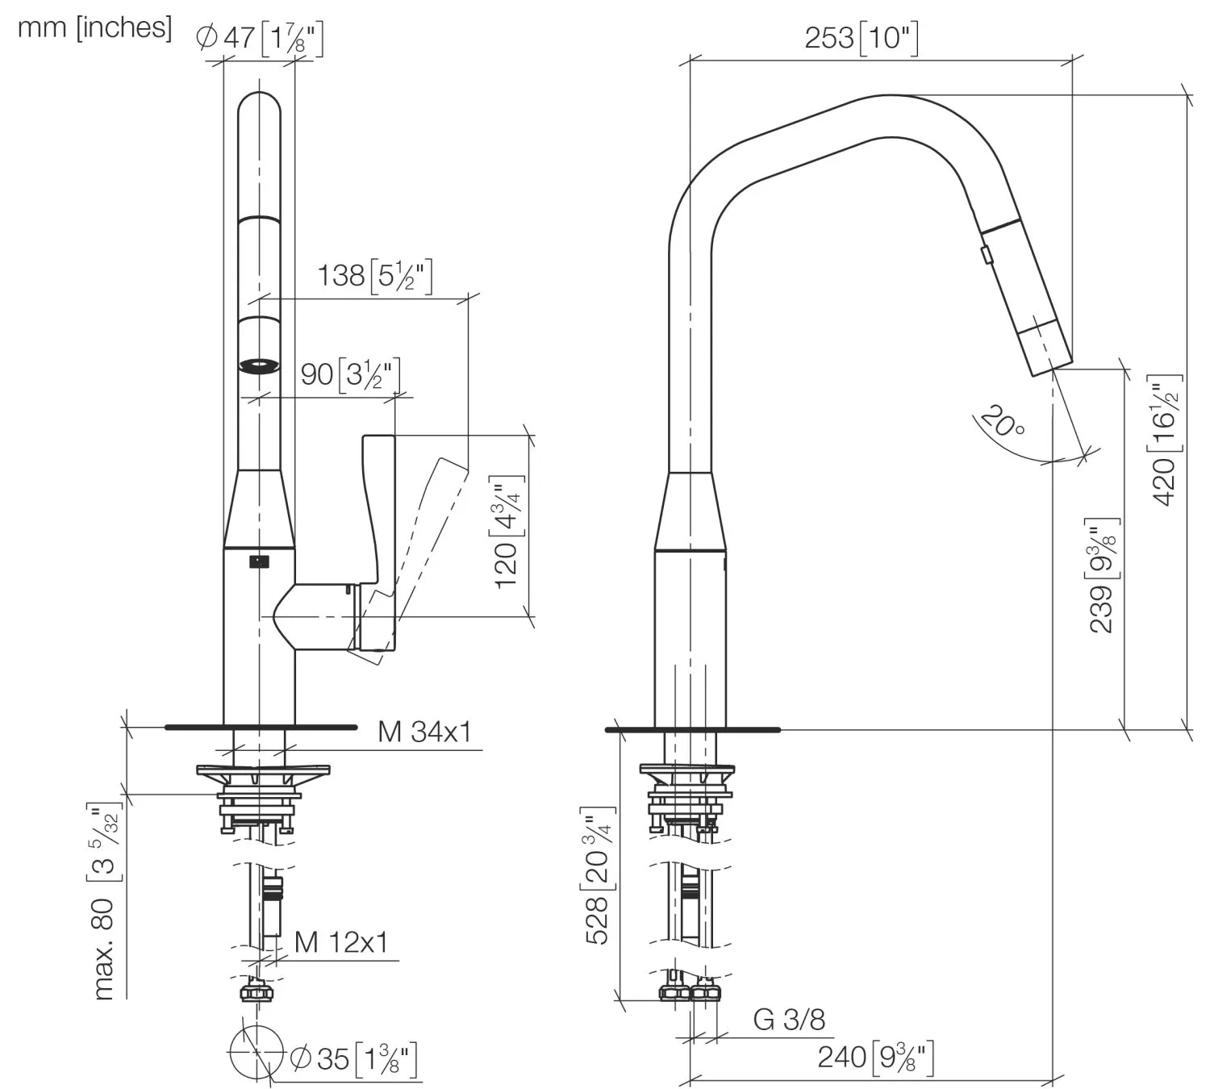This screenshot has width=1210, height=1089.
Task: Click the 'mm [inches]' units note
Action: [94, 27]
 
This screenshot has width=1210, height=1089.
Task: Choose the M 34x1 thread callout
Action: [424, 732]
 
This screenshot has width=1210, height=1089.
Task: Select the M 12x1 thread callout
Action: [341, 941]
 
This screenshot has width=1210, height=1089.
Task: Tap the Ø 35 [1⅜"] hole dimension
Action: [353, 1058]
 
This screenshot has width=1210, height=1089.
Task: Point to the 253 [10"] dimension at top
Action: [861, 38]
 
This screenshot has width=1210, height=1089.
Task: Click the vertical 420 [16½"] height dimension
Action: [1166, 440]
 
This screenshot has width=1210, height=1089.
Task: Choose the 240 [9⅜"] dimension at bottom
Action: [875, 1057]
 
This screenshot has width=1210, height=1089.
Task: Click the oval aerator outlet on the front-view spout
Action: [260, 365]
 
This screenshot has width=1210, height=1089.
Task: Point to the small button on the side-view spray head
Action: [986, 254]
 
